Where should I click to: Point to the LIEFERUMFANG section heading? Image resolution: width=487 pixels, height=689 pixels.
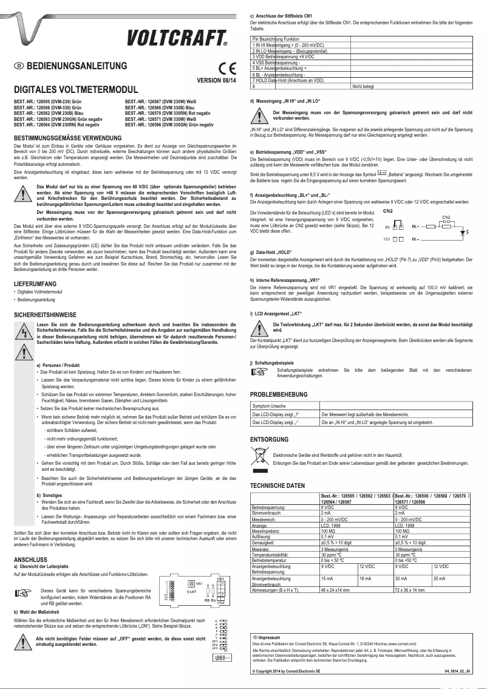point(39,284)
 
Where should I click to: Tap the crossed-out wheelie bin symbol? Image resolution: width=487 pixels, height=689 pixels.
point(257,454)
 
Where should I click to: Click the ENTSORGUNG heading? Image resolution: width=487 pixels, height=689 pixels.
point(271,439)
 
